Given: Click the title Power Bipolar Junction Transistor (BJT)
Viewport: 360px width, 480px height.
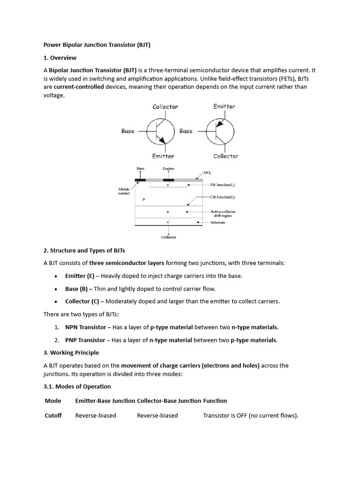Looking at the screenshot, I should (x=97, y=45).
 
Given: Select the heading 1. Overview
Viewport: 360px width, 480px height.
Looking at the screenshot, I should (x=60, y=58).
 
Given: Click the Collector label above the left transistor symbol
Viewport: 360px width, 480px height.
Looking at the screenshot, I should (x=165, y=107).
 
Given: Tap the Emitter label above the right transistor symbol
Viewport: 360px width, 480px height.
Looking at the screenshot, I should (x=224, y=106).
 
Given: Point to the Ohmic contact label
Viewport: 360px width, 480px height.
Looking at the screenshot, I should (x=124, y=191).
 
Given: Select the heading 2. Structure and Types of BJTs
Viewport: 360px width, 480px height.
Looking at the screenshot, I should (x=84, y=250).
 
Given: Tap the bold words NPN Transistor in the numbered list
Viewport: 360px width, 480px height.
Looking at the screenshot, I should (x=85, y=327).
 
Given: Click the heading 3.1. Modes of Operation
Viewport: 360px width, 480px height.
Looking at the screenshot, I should (x=77, y=387).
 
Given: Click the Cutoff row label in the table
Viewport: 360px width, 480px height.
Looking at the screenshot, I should (x=53, y=415).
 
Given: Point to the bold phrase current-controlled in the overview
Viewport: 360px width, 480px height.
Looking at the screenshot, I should (x=79, y=87).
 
